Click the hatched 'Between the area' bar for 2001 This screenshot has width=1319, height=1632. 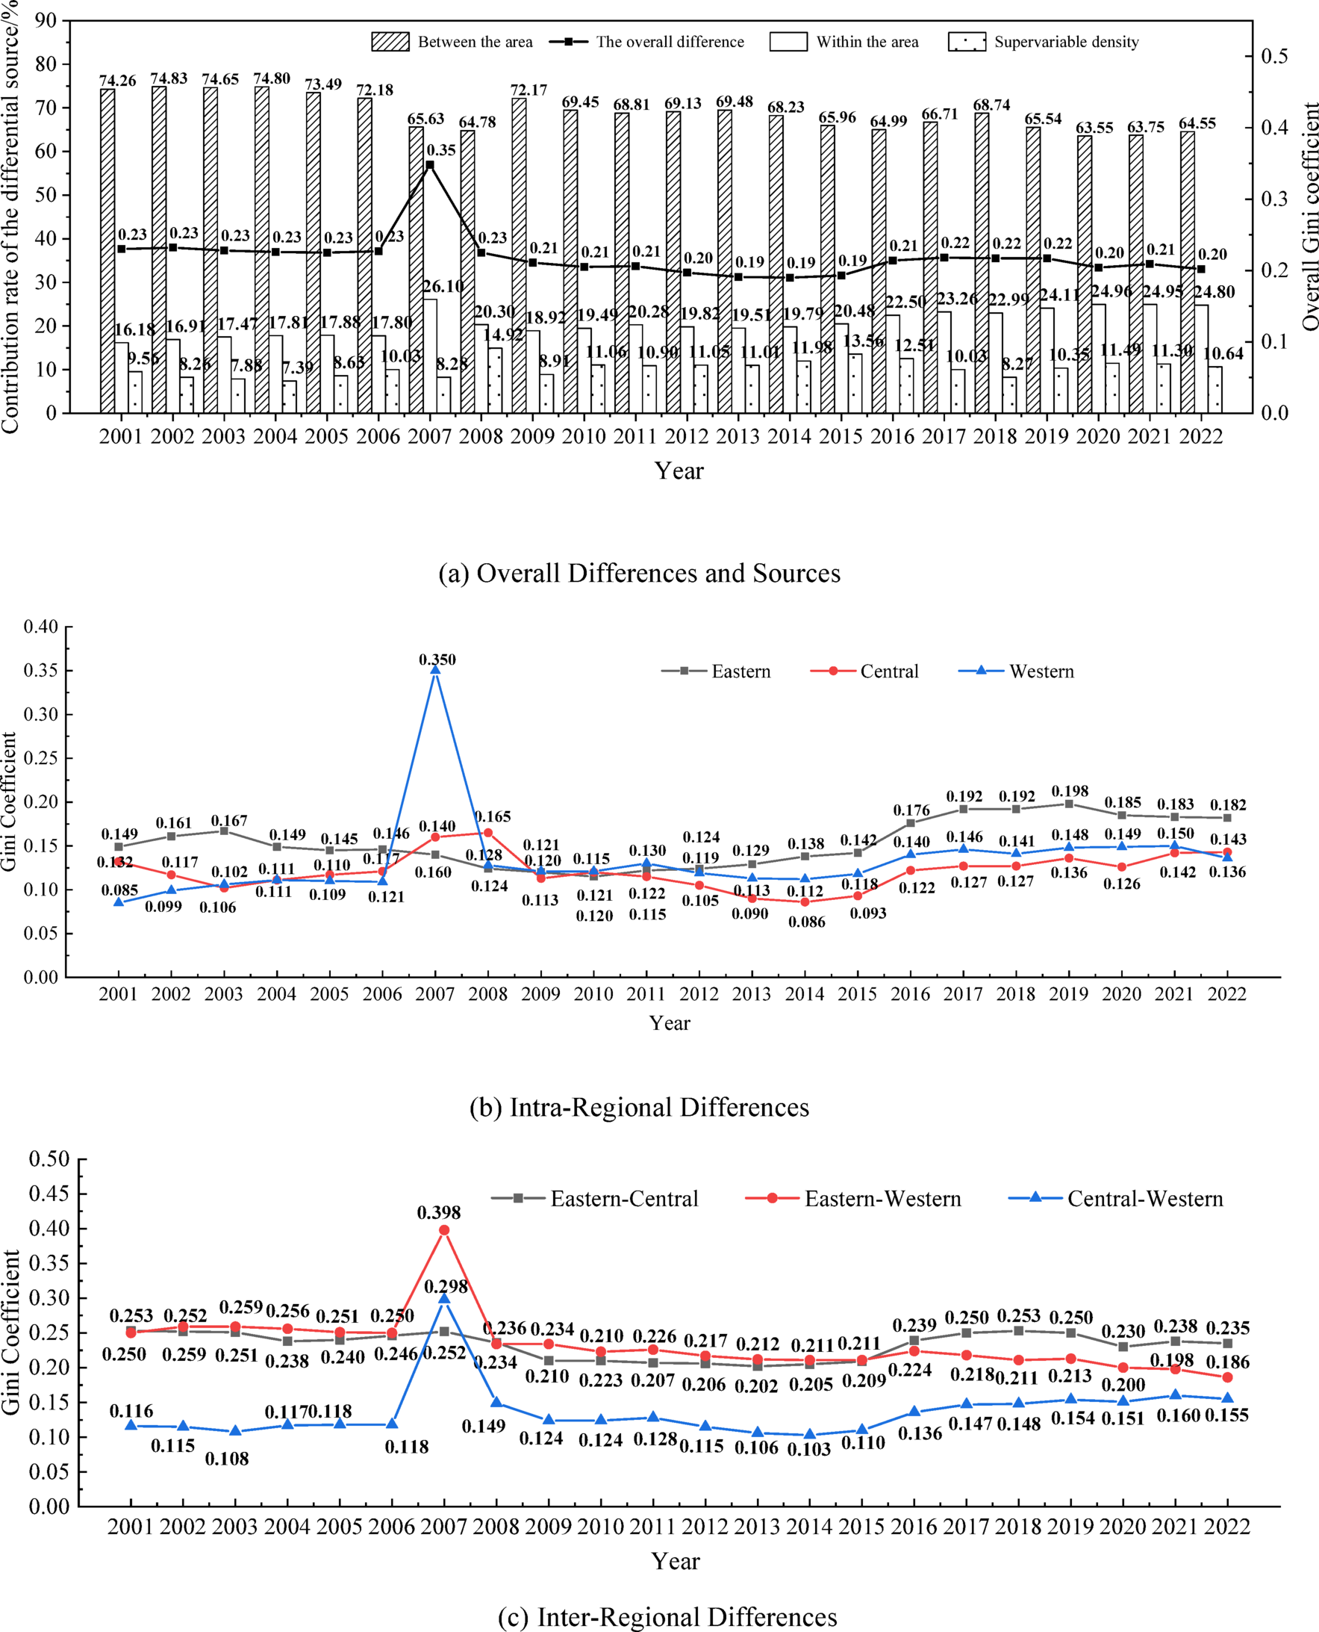click(x=107, y=251)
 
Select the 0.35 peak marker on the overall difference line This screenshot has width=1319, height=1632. click(x=430, y=165)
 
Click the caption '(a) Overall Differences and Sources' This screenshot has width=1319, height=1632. click(x=639, y=572)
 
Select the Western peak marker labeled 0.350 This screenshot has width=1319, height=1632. click(x=435, y=670)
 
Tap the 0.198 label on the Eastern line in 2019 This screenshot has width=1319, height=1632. click(x=1070, y=791)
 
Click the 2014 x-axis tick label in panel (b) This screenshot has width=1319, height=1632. click(x=805, y=993)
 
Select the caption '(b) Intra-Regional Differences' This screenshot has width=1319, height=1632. click(x=639, y=1108)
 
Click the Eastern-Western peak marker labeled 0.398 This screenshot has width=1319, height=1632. click(x=444, y=1230)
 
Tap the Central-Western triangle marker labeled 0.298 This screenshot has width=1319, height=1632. click(x=444, y=1299)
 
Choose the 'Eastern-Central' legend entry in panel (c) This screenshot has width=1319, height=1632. click(x=623, y=1199)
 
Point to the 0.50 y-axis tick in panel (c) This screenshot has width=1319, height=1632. click(x=49, y=1159)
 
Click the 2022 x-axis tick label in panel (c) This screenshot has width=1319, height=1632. click(x=1227, y=1526)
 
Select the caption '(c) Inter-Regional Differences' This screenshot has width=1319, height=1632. click(x=667, y=1618)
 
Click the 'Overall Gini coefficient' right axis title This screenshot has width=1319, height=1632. click(x=1309, y=217)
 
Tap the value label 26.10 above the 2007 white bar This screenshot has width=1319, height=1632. click(x=443, y=287)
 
